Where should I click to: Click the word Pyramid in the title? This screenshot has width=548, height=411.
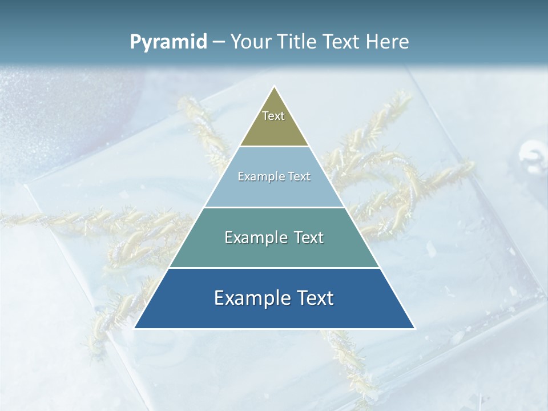click(168, 42)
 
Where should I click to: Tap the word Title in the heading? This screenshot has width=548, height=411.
click(299, 42)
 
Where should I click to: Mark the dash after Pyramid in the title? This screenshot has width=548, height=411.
click(219, 42)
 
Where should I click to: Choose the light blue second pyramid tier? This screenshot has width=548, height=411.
click(274, 191)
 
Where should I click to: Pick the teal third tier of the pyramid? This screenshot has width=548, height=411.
click(274, 251)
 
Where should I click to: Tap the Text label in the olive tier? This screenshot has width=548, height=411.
click(273, 116)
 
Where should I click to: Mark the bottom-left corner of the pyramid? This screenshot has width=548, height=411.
click(135, 328)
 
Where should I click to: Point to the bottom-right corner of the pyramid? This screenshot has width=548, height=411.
click(414, 328)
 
